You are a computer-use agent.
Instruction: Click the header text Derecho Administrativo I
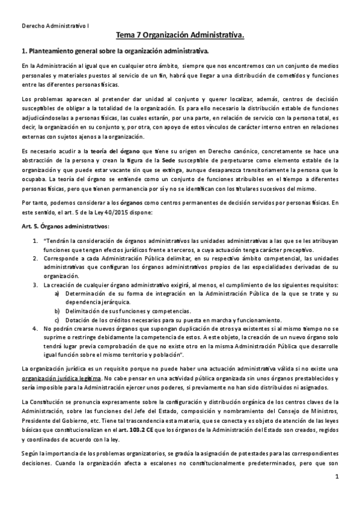53,26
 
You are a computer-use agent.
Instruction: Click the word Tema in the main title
127,37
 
